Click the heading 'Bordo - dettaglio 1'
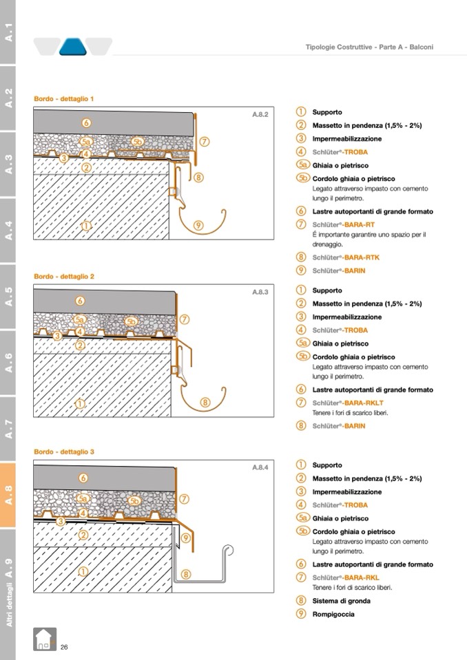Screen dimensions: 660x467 [64, 99]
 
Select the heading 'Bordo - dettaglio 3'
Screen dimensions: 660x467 [64, 452]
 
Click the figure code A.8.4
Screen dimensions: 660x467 [260, 468]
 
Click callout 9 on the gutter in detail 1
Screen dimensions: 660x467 [198, 224]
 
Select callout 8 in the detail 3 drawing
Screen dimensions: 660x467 [186, 573]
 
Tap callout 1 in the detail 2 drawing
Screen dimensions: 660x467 [80, 403]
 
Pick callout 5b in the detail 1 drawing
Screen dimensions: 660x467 [137, 142]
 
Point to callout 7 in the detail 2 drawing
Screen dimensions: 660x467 [184, 319]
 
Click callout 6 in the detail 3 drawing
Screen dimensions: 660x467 [83, 478]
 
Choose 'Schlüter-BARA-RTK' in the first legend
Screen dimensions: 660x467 [345, 257]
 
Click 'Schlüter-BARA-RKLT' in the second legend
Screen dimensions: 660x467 [347, 403]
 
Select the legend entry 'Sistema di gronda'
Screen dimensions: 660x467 [341, 601]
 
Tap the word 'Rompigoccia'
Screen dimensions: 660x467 [333, 614]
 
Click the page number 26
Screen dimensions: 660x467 [64, 647]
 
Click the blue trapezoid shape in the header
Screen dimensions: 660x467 [72, 47]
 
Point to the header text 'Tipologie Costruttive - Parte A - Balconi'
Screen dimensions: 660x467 [369, 47]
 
